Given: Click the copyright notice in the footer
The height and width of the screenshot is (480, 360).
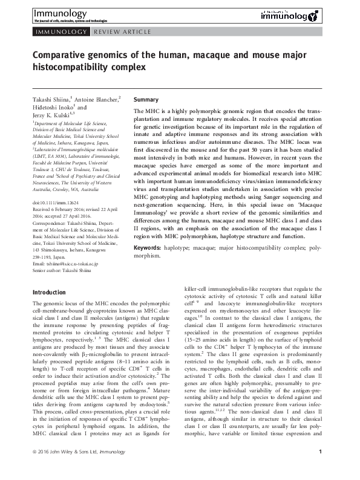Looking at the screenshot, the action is (73, 469).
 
